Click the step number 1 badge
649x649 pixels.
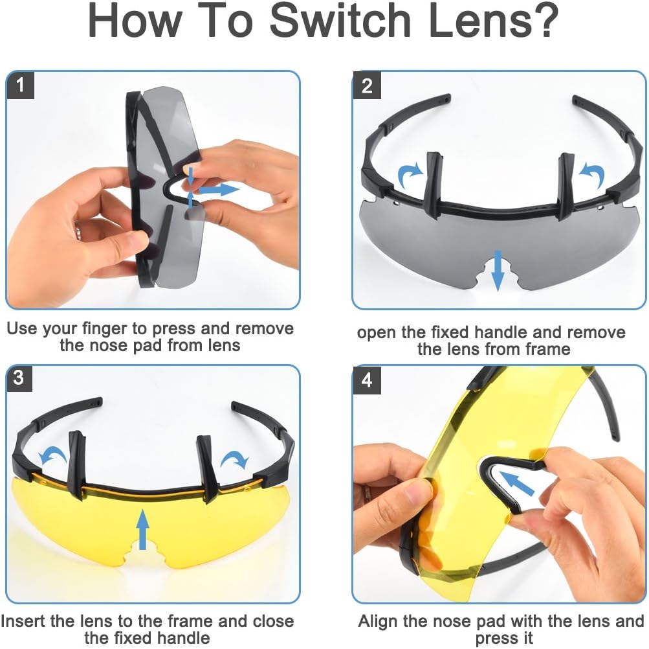(x=20, y=85)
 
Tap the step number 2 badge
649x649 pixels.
(x=367, y=85)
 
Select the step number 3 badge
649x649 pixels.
(x=19, y=378)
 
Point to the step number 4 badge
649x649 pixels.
(x=367, y=379)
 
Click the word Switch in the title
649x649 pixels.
(x=340, y=20)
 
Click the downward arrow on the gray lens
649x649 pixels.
(x=498, y=270)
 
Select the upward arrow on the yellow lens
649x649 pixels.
(x=143, y=529)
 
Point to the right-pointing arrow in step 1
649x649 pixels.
(x=219, y=190)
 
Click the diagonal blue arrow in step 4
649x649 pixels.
(x=516, y=483)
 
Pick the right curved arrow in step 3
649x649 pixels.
(x=235, y=459)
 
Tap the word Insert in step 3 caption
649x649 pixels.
(x=23, y=621)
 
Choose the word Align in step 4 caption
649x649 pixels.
(x=378, y=622)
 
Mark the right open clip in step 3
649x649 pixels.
(x=207, y=468)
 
